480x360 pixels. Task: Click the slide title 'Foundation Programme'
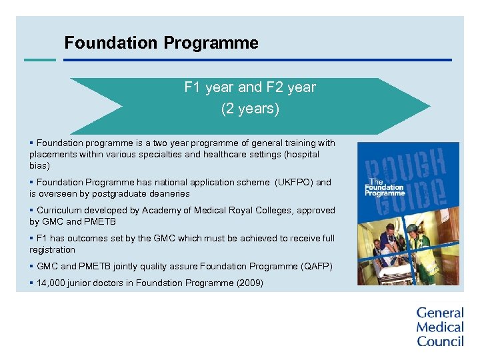[161, 43]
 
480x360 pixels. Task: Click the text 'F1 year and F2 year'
[250, 87]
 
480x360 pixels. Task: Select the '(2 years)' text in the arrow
[250, 109]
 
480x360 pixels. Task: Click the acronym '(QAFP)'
[317, 266]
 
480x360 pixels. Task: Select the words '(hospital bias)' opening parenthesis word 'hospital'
[301, 154]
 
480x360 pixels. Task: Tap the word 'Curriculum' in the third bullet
[59, 210]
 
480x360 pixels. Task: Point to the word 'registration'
[52, 249]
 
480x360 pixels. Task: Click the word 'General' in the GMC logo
[440, 313]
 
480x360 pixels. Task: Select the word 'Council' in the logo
[440, 341]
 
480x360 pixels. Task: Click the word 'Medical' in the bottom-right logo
[440, 327]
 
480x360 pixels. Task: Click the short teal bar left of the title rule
[39, 59]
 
